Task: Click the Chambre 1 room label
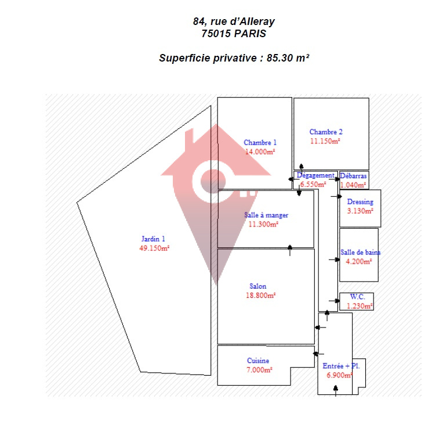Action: [x=260, y=142]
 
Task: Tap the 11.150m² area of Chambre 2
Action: [x=325, y=141]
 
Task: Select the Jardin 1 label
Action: [x=154, y=239]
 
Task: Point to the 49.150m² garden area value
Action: [x=154, y=248]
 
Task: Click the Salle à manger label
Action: [x=266, y=215]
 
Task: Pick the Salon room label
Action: [x=258, y=286]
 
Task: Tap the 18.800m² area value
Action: [x=260, y=295]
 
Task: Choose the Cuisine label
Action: [x=258, y=361]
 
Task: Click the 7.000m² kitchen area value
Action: [x=260, y=369]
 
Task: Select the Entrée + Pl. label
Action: [x=342, y=366]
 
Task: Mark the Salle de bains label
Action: [x=361, y=252]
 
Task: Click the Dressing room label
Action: [x=360, y=201]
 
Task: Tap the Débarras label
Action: [x=353, y=175]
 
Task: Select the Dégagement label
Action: [x=315, y=175]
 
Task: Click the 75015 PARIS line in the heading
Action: [x=234, y=34]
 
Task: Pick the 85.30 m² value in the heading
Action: [x=288, y=58]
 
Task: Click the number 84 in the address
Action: [x=199, y=21]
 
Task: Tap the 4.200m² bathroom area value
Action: [x=359, y=261]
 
